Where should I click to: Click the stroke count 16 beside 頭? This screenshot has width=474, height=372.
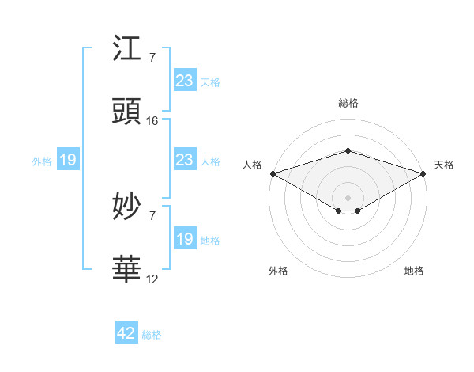tap(152, 121)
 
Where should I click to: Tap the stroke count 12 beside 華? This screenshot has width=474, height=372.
tap(152, 279)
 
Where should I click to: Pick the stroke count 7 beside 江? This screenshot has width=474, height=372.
tap(152, 58)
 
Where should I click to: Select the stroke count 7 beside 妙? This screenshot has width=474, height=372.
tap(152, 215)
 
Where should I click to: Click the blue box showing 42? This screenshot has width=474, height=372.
tap(126, 334)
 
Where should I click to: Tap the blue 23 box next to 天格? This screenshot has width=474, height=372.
tap(185, 81)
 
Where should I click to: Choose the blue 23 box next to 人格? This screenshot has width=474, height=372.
tap(185, 161)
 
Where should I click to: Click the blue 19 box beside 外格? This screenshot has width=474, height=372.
tap(68, 161)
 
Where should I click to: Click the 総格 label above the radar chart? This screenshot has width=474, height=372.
tap(348, 103)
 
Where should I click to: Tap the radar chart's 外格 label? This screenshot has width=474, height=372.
tap(278, 271)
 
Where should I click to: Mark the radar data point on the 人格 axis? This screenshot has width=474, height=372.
tap(273, 173)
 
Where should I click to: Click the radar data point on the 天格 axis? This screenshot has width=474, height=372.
tap(423, 173)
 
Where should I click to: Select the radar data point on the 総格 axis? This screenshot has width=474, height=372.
tap(348, 150)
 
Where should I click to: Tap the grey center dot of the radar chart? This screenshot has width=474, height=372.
tap(348, 197)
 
